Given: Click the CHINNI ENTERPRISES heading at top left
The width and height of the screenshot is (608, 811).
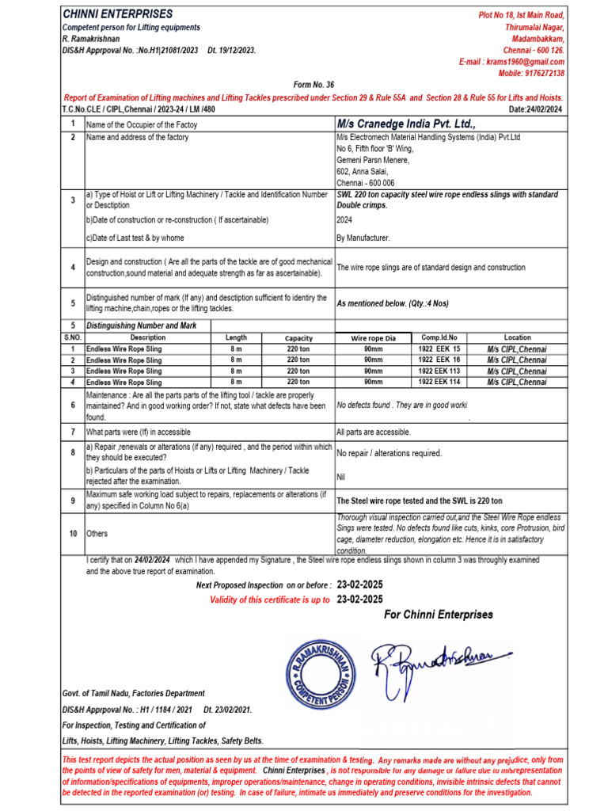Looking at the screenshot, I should point(117,15).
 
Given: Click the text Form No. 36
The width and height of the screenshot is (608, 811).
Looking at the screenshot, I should point(313,85).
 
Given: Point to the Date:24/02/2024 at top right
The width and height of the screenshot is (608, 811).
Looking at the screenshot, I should point(535,109).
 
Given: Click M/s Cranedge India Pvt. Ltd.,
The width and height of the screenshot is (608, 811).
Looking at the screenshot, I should point(406,124).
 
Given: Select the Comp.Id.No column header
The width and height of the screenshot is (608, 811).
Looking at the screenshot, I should point(439,337).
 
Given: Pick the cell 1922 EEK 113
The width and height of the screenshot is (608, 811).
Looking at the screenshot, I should point(439,371).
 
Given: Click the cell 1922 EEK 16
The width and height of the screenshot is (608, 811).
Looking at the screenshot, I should point(439,360).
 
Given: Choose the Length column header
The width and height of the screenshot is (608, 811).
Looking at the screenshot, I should point(236,337).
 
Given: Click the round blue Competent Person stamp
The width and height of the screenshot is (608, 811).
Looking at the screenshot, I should point(318,672).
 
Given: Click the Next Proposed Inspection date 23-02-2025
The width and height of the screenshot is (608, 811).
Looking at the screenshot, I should point(359,584).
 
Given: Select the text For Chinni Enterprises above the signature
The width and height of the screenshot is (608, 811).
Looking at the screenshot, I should point(438,615).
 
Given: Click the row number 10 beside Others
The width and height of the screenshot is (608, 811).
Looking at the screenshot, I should point(72,534).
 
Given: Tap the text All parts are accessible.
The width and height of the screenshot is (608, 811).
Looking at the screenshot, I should point(374,432).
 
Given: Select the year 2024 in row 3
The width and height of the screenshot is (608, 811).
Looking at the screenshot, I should point(345,220).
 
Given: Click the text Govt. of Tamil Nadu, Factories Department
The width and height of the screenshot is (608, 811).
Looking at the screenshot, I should point(133,693).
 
